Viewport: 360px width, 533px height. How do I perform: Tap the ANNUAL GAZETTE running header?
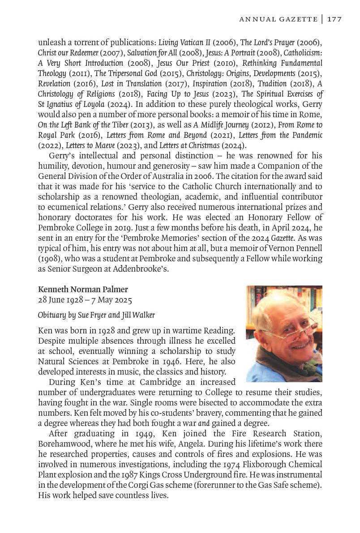pyautogui.click(x=278, y=19)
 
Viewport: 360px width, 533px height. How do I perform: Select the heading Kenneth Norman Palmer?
pyautogui.click(x=83, y=290)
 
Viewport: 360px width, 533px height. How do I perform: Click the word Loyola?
pyautogui.click(x=84, y=104)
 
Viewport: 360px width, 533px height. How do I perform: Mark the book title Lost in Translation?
pyautogui.click(x=138, y=84)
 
